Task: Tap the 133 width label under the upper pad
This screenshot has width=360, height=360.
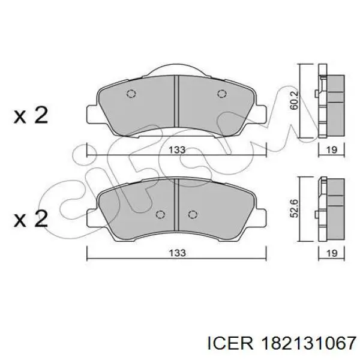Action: point(176,150)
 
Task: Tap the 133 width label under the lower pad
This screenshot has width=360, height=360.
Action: point(176,254)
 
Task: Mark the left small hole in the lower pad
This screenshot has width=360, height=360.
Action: point(160,215)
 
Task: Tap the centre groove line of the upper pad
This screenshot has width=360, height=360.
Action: point(176,102)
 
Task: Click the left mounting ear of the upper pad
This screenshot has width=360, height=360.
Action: point(94,113)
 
